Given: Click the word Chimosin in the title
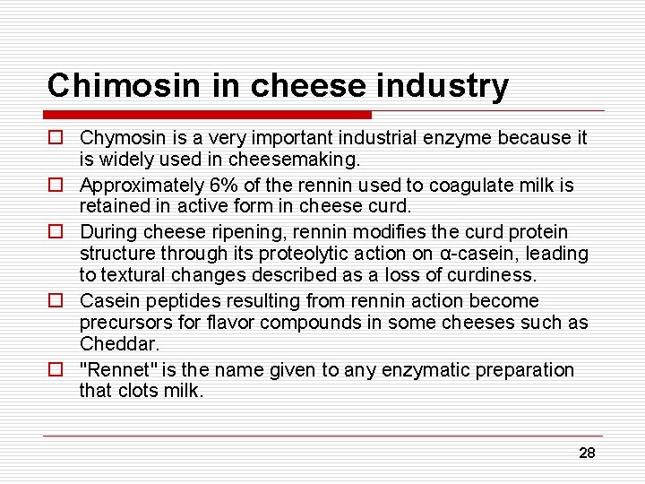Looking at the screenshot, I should (x=99, y=85).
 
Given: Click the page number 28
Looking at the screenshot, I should (x=587, y=453).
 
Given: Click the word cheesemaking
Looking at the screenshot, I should (x=307, y=160).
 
